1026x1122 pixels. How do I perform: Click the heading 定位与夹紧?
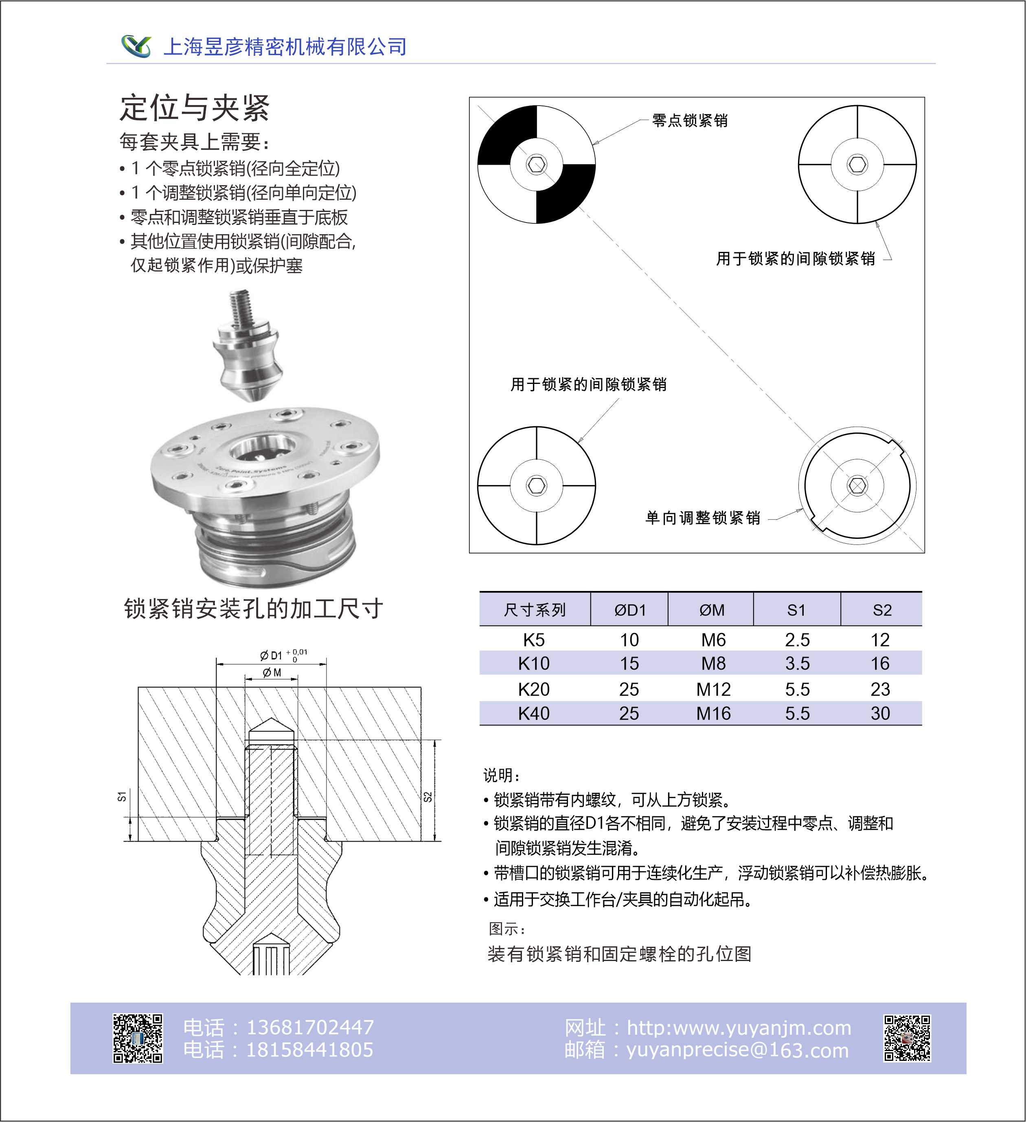(x=195, y=108)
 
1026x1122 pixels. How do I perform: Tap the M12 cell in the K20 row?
(x=713, y=689)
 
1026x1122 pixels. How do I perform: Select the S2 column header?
(x=881, y=610)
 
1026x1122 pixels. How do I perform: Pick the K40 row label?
(x=533, y=713)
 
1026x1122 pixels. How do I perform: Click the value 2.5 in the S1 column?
(x=797, y=640)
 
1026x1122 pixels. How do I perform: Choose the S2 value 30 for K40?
(x=880, y=713)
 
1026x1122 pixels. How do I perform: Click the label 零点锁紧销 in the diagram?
(x=690, y=120)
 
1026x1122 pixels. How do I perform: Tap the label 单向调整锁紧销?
(x=702, y=518)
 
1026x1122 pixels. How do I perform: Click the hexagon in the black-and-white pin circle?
(x=537, y=164)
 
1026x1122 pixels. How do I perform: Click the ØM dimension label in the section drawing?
(x=272, y=673)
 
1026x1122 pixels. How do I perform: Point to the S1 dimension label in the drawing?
(x=122, y=796)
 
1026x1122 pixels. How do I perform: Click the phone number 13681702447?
(x=310, y=1027)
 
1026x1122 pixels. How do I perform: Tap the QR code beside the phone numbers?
(x=138, y=1038)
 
